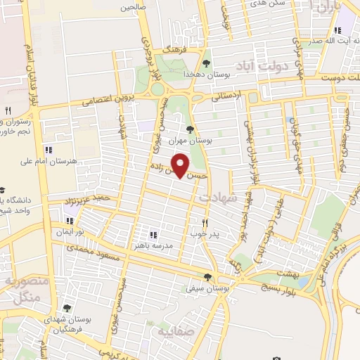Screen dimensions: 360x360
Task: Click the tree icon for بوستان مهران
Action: point(190,129)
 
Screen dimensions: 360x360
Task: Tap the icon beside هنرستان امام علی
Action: point(49,150)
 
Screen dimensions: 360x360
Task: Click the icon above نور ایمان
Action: point(70,220)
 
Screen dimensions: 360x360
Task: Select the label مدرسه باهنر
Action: point(151,246)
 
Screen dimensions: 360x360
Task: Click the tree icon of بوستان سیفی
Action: point(207,276)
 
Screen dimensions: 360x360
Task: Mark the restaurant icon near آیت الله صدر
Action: point(337,30)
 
